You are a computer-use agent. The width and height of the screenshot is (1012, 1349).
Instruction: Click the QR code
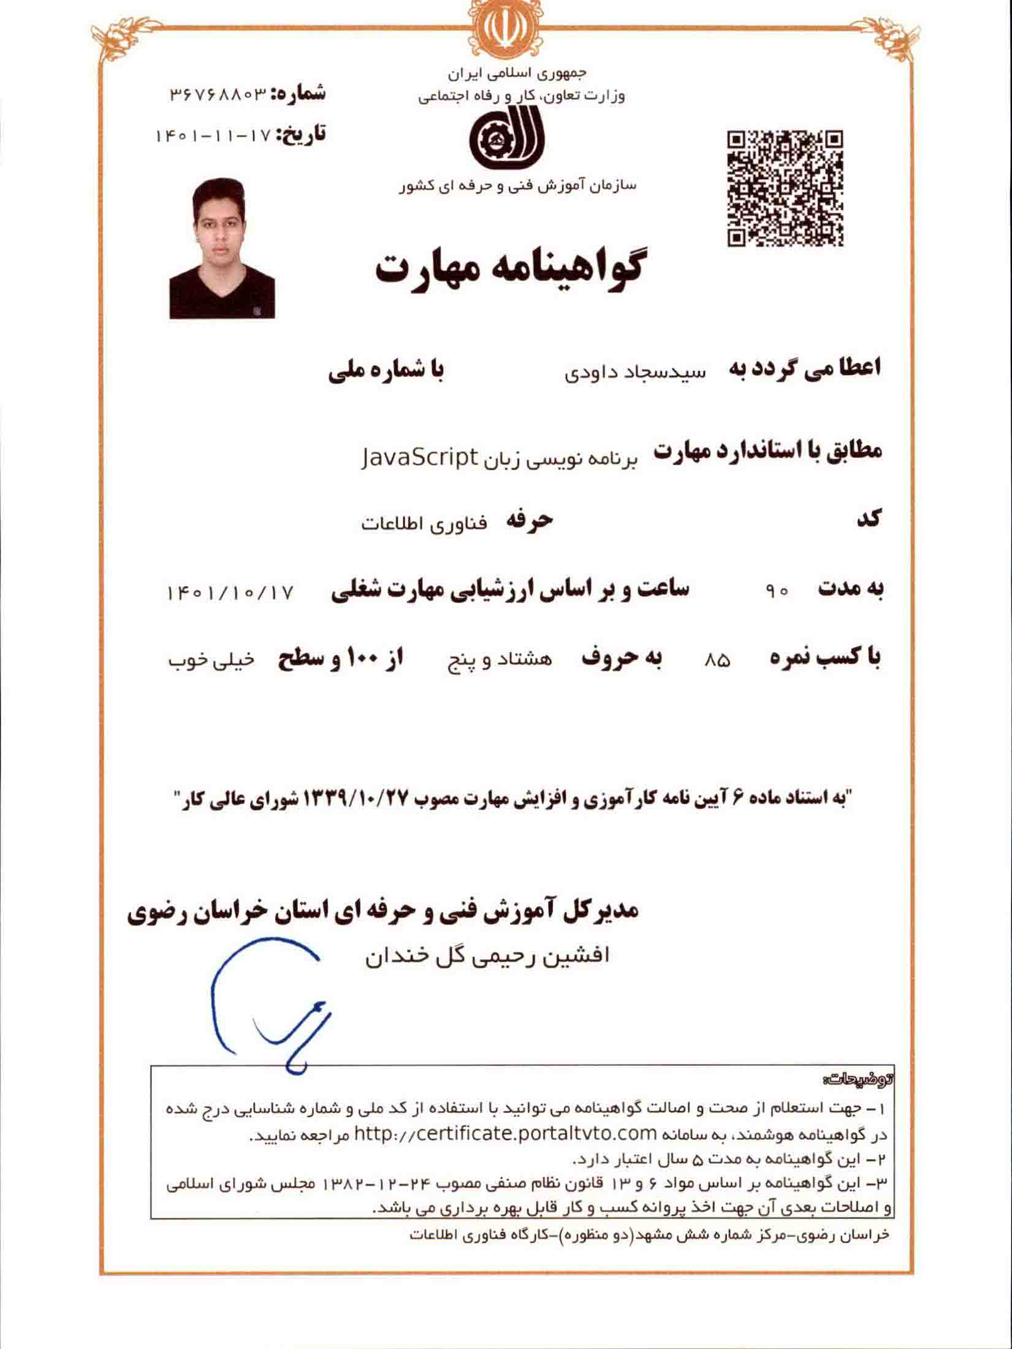(785, 188)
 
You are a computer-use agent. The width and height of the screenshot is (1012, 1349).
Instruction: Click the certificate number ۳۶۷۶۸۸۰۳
(219, 94)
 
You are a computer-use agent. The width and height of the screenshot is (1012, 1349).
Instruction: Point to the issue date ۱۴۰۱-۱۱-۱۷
(213, 135)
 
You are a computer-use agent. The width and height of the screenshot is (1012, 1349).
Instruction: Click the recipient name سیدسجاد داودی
(636, 372)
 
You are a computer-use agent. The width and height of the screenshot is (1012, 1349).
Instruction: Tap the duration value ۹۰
(777, 592)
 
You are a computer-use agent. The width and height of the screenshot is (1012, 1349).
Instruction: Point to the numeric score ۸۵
(718, 661)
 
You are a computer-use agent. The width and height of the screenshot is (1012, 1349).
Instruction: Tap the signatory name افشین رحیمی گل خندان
(487, 956)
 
